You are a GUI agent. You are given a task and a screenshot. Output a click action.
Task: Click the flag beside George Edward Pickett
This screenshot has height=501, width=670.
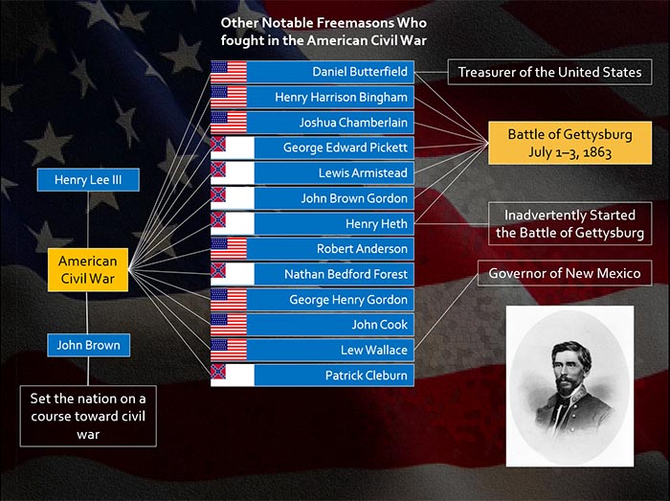232,148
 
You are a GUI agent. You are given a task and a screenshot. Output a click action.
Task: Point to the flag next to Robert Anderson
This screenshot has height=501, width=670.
229,249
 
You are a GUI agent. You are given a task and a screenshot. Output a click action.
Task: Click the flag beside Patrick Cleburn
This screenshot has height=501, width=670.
232,376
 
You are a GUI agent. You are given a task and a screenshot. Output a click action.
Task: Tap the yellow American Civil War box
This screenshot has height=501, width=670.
88,270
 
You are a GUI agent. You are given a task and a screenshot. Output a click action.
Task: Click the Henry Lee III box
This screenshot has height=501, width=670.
88,179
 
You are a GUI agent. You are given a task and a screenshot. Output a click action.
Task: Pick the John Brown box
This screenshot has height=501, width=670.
88,345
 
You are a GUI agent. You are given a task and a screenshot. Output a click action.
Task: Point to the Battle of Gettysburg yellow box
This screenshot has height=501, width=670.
570,143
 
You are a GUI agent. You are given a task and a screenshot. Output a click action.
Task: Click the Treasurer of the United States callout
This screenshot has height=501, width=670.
550,72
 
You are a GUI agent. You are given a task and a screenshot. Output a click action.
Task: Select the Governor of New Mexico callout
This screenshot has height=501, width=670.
565,273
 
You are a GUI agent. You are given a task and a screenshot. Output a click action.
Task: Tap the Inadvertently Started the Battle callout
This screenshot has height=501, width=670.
570,223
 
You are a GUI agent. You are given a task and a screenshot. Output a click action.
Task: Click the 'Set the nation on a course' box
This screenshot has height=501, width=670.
88,417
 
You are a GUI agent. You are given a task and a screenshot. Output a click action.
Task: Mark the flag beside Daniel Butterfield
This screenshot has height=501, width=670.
229,72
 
